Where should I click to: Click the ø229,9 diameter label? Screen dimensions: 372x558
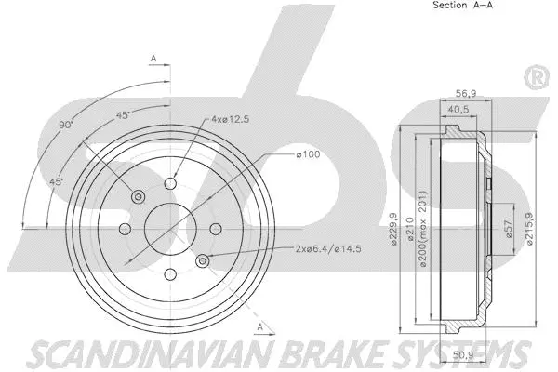point(394,231)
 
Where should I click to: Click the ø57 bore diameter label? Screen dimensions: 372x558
point(507,231)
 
